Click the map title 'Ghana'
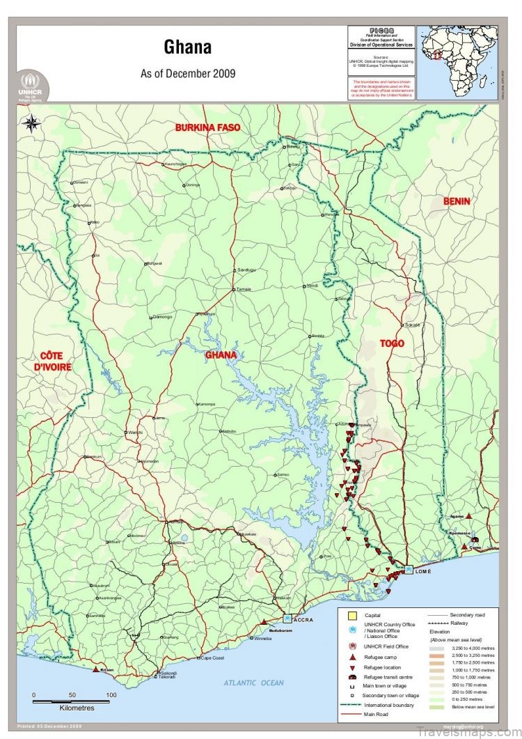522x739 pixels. tap(188, 47)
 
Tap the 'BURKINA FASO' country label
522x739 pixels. tap(207, 127)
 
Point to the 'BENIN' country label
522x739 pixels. tap(457, 201)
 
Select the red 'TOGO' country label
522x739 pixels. tap(392, 343)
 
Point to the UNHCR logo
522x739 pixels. tap(30, 85)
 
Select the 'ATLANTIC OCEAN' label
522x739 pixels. tap(253, 683)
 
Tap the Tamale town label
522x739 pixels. tap(244, 288)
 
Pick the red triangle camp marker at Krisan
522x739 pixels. tap(95, 669)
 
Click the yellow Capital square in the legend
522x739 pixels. tap(351, 615)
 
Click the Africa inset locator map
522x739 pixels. tap(457, 63)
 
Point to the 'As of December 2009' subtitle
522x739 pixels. tap(188, 72)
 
